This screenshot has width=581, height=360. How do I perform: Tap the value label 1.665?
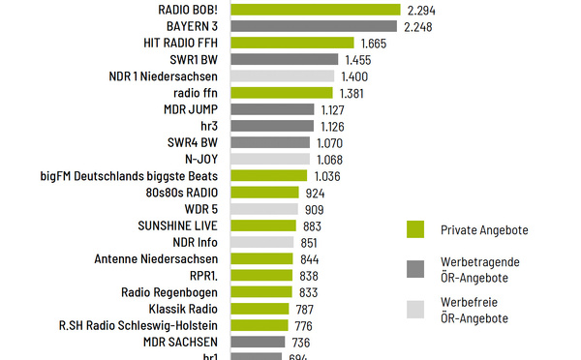(374, 44)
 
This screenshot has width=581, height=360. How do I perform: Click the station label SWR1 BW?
(197, 60)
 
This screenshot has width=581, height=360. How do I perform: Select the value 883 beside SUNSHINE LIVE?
(312, 225)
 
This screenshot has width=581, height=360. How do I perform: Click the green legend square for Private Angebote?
(414, 229)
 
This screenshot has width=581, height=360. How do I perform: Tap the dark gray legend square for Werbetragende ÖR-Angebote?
(414, 269)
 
